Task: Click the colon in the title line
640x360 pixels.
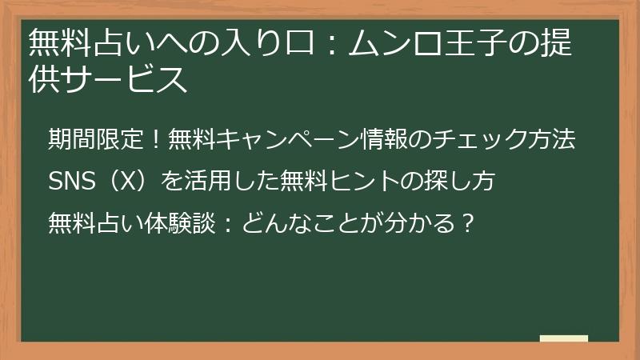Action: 333,44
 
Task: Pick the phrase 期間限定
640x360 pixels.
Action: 96,139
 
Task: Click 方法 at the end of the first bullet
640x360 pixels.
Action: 552,139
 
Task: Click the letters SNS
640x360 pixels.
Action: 72,181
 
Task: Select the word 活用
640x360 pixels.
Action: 208,181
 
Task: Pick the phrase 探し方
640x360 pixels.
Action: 460,181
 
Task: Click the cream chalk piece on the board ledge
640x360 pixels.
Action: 564,338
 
